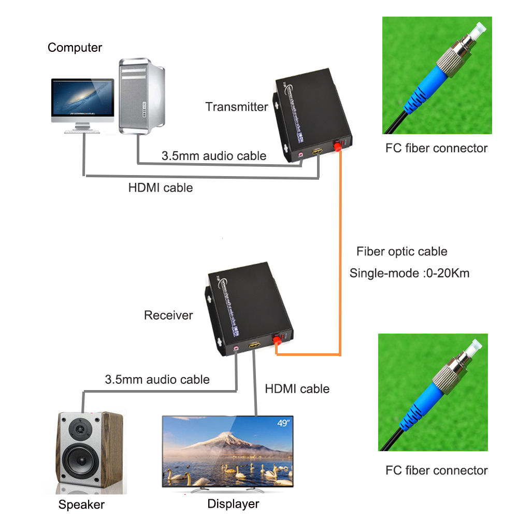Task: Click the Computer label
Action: click(75, 48)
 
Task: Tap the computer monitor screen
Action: click(82, 99)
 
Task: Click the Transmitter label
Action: click(236, 107)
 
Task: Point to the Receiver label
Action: click(168, 315)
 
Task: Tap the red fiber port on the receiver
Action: click(276, 340)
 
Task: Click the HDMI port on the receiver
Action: click(254, 346)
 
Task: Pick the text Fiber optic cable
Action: click(401, 252)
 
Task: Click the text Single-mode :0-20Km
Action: click(409, 273)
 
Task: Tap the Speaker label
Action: click(81, 505)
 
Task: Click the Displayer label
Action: click(233, 503)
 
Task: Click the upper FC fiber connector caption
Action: click(436, 149)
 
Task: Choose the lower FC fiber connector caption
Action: click(436, 470)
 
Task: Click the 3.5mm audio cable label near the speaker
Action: click(157, 380)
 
